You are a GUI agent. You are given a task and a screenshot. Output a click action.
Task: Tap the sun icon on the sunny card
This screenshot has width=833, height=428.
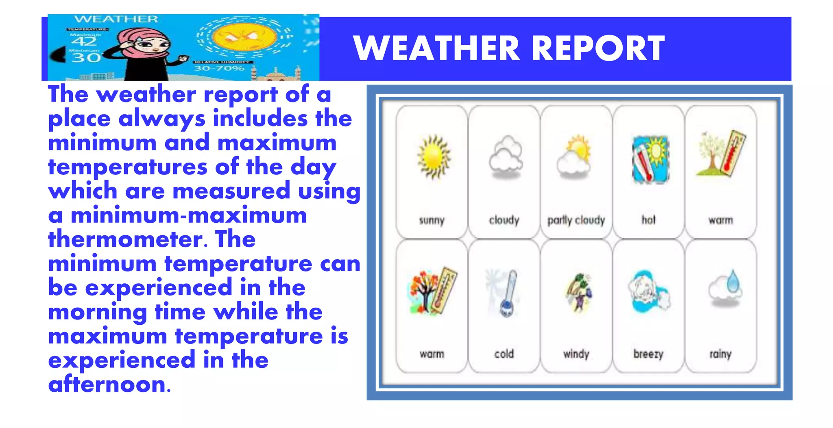(434, 157)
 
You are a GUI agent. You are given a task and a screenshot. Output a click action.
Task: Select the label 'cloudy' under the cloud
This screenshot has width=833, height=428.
(504, 220)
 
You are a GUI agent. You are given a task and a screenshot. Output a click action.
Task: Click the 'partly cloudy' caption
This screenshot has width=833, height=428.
(576, 220)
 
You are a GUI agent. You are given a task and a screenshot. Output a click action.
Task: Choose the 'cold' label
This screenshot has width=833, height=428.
(504, 354)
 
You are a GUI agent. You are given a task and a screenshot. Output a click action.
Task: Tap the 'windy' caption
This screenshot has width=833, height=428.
(576, 354)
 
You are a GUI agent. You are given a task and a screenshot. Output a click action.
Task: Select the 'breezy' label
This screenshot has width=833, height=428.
(648, 354)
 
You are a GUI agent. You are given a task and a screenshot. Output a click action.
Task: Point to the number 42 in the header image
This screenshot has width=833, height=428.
(84, 42)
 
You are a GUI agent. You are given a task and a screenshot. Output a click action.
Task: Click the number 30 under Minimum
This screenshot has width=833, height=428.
(85, 58)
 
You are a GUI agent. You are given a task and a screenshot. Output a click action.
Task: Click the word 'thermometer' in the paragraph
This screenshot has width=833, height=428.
(124, 239)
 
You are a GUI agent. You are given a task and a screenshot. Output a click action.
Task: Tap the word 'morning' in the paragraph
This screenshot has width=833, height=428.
(98, 312)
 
